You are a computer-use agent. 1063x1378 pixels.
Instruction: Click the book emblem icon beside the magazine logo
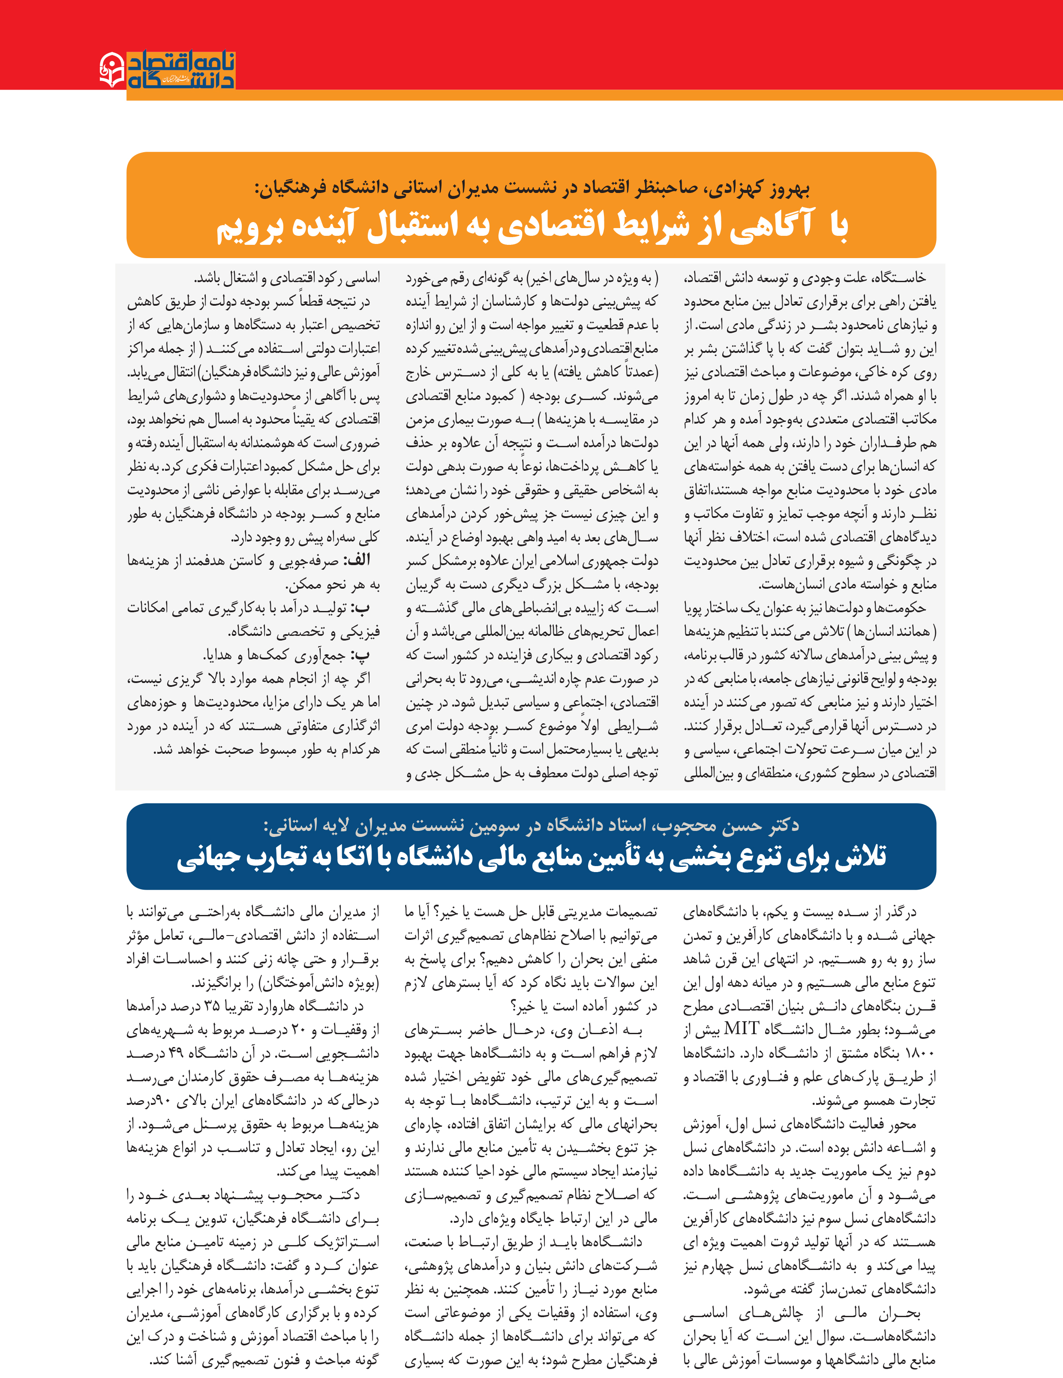point(112,69)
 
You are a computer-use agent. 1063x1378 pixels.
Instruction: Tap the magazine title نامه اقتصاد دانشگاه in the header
point(181,70)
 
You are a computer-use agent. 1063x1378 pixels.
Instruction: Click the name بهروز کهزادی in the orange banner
point(764,188)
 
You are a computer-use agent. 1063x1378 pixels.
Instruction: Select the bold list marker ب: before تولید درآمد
point(361,608)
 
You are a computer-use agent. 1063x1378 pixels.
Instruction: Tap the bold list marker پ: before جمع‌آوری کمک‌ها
point(361,655)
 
